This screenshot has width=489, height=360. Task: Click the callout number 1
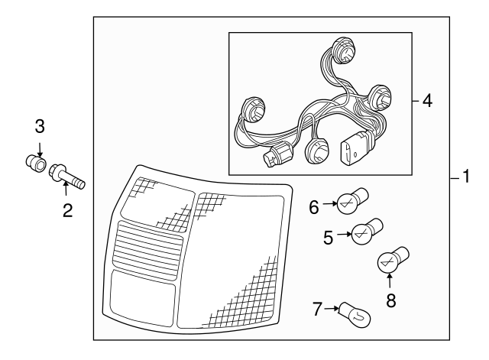coord(466,177)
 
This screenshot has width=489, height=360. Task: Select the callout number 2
coord(68,210)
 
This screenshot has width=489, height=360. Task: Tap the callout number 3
coord(40,126)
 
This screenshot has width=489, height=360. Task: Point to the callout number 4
coord(427,101)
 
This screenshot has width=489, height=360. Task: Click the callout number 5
coord(328,238)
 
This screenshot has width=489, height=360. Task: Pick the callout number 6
coord(314,207)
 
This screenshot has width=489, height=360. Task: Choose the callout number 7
coord(317,309)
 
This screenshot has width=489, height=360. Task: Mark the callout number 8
coord(391,300)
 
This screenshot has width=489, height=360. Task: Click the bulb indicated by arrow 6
coord(353,200)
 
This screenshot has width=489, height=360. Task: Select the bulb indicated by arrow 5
coord(367,231)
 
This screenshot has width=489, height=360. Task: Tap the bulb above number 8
coord(393,260)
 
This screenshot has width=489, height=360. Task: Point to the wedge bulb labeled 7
coord(355,314)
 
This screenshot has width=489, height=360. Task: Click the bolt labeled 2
coord(67,177)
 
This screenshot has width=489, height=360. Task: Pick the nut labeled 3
coord(36,162)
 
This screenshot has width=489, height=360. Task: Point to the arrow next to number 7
coord(332,309)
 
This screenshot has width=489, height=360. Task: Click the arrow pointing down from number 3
coord(40,149)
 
